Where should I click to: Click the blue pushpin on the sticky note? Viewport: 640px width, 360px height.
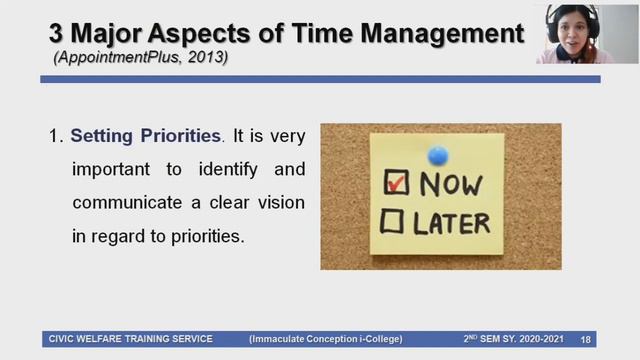pyautogui.click(x=438, y=155)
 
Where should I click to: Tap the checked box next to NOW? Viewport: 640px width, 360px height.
pyautogui.click(x=397, y=182)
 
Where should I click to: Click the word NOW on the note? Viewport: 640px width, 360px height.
pyautogui.click(x=452, y=183)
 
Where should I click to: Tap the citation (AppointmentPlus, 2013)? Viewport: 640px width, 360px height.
pyautogui.click(x=140, y=58)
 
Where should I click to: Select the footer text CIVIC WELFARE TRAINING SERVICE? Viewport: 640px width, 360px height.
pyautogui.click(x=130, y=339)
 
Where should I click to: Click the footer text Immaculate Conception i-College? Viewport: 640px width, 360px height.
pyautogui.click(x=331, y=339)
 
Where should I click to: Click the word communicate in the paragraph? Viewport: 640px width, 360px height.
pyautogui.click(x=119, y=203)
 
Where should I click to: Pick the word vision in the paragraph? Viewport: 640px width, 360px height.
pyautogui.click(x=281, y=203)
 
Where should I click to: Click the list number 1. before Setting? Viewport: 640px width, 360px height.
pyautogui.click(x=57, y=135)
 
